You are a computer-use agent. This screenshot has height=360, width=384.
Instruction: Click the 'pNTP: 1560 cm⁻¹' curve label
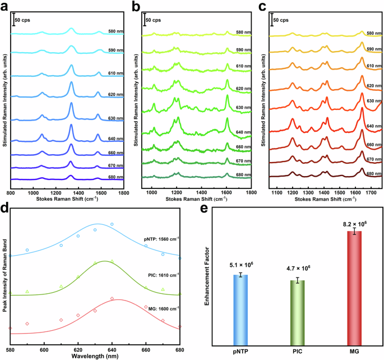pyautogui.click(x=161, y=238)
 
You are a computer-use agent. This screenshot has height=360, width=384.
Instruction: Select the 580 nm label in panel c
pyautogui.click(x=374, y=33)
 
